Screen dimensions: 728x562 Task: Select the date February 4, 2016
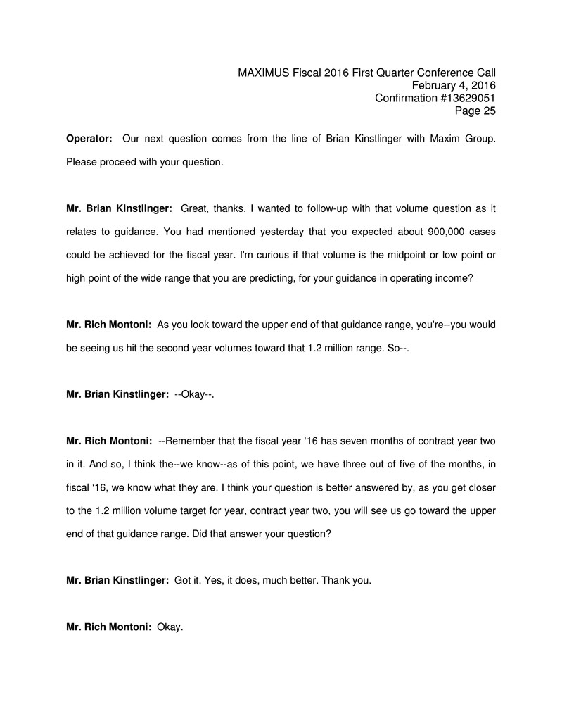coord(454,85)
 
